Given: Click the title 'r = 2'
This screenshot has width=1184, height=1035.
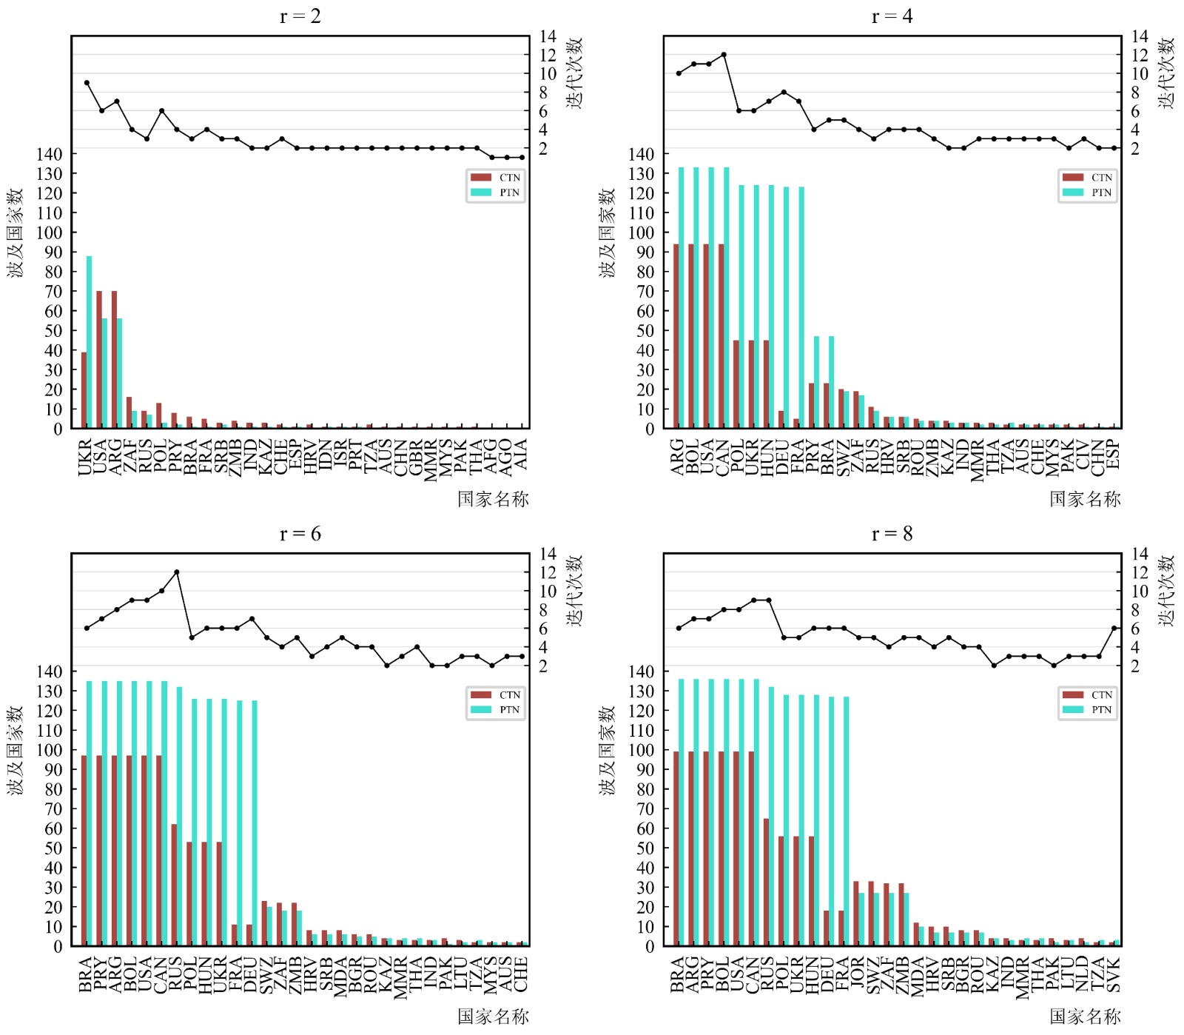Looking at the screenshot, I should pos(300,16).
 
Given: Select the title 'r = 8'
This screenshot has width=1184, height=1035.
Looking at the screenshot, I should pos(892,534).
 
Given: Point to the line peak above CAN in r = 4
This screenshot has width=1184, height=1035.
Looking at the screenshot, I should pos(724,55).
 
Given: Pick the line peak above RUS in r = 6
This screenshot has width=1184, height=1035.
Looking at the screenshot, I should pos(176,572).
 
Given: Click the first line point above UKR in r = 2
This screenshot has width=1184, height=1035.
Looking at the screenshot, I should pos(87,83).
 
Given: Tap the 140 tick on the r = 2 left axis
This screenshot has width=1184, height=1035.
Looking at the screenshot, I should pos(49,154).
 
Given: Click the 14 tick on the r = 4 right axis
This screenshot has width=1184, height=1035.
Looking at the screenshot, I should pos(1140,36).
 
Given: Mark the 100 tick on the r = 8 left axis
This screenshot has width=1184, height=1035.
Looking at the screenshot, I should pos(641,750).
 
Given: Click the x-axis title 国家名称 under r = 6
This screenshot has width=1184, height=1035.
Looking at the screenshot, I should pos(493,1016).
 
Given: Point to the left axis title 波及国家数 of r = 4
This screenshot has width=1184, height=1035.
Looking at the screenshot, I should pos(608,232).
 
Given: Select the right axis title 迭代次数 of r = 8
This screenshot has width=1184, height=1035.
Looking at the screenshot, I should pos(1167,590).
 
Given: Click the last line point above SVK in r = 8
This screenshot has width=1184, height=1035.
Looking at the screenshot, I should pos(1114,629).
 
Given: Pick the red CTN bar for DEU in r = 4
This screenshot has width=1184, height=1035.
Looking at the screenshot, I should pos(781,420).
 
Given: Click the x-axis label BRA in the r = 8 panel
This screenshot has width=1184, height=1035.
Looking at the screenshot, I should pos(677,974).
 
